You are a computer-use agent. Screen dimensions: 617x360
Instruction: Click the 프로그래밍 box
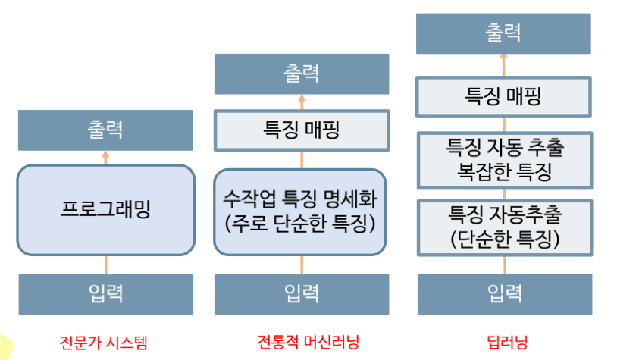(x=105, y=210)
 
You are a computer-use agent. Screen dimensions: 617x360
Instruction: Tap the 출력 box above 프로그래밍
(x=105, y=130)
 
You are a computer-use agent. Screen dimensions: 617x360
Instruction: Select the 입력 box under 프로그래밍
(x=105, y=293)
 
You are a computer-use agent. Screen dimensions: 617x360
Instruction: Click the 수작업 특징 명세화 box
(x=301, y=212)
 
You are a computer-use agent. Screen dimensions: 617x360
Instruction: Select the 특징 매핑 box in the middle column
(x=301, y=130)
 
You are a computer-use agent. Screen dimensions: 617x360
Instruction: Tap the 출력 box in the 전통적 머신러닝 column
(x=301, y=74)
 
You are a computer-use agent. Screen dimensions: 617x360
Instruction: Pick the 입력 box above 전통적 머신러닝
(x=301, y=293)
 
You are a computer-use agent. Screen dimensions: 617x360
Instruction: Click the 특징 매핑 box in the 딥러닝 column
(x=504, y=96)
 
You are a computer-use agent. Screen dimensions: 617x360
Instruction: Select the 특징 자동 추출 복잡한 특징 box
(x=504, y=159)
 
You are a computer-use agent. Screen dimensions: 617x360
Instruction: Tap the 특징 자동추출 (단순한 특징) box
(x=504, y=225)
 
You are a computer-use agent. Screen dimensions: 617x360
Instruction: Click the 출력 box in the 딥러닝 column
(x=504, y=34)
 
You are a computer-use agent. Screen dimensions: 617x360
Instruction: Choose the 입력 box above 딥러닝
(x=504, y=293)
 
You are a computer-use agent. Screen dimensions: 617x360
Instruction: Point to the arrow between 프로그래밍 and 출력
(x=105, y=157)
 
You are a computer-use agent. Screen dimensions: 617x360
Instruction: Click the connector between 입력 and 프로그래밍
(x=105, y=265)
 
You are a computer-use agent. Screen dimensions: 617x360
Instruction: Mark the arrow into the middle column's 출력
(x=301, y=102)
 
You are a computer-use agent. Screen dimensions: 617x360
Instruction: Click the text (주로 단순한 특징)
(x=301, y=225)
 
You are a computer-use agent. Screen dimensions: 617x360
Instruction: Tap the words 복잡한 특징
(x=504, y=172)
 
